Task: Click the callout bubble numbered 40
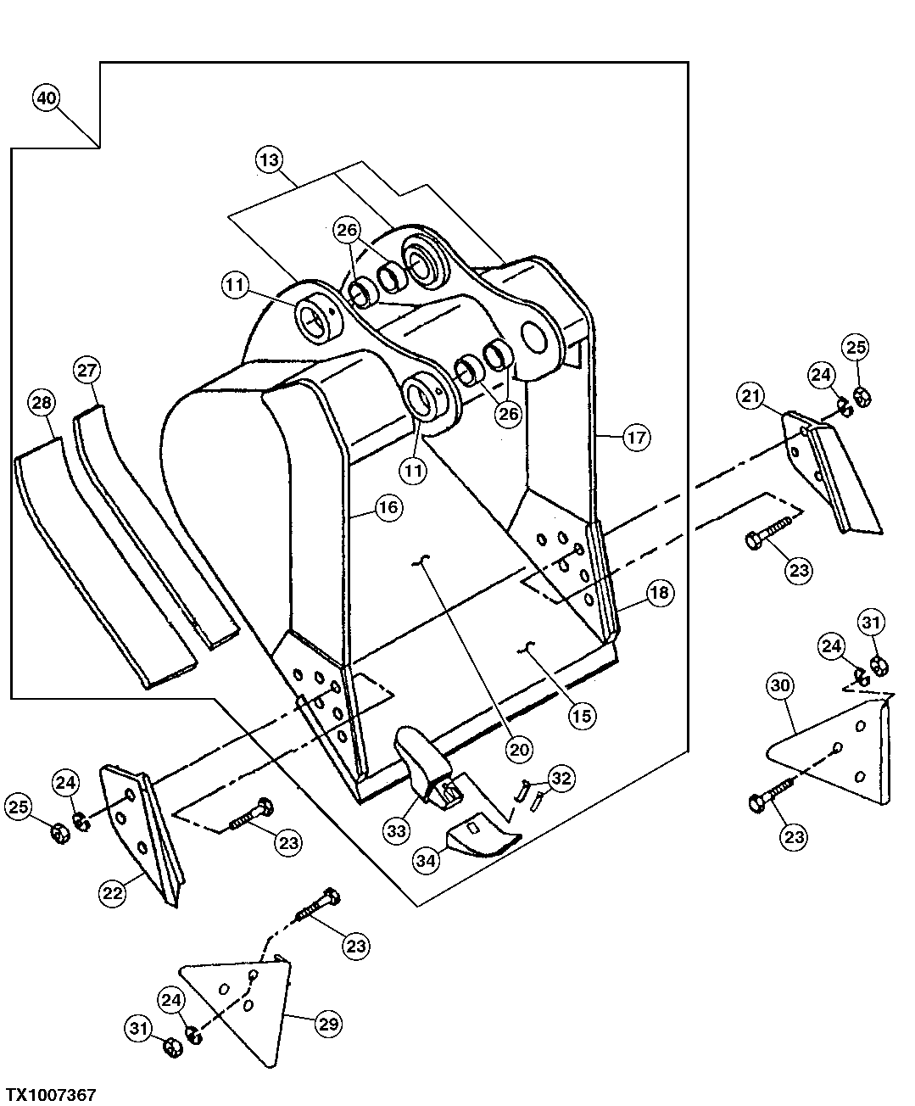point(47,98)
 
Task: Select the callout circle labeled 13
point(270,159)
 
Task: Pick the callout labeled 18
point(661,593)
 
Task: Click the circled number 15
point(582,715)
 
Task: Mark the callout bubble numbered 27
point(88,371)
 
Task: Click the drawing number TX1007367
point(51,1095)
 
